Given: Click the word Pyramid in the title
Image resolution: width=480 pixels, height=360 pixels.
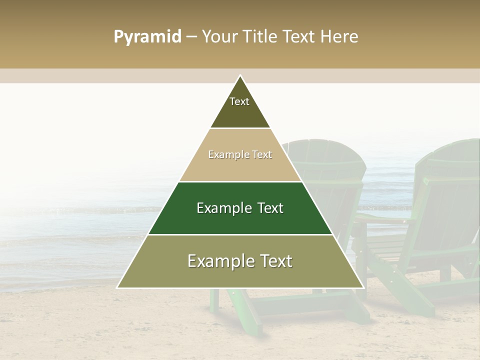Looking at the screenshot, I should point(147,37).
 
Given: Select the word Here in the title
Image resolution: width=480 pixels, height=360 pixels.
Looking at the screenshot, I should point(339,37).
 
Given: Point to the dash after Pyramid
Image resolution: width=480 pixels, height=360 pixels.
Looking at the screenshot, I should point(191,37).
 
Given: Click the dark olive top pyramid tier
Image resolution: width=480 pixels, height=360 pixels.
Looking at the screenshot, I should point(240,112).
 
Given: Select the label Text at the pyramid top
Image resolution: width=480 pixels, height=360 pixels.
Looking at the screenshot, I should point(239,101).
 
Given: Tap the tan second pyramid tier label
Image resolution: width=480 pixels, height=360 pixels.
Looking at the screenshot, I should point(240,154).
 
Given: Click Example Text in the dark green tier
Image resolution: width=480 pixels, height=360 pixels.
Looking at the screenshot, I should point(240,208).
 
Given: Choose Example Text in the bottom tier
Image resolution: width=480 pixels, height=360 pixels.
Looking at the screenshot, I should point(240,261).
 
